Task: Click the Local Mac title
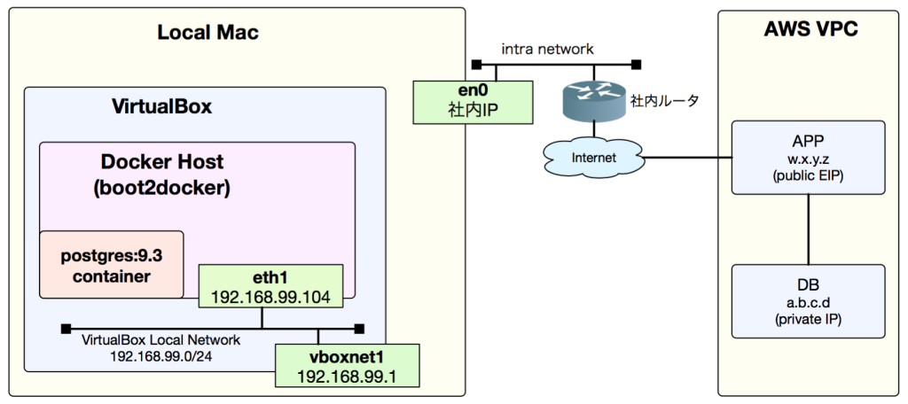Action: tap(207, 33)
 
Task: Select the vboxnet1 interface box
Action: tap(346, 366)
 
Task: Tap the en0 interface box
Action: tap(474, 101)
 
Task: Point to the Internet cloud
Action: tap(593, 158)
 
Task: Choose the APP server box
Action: tap(808, 157)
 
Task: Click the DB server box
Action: tap(808, 300)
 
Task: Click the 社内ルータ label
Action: tap(664, 101)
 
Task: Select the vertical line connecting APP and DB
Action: tap(808, 229)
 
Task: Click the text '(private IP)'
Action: tap(808, 317)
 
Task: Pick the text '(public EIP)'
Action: tap(808, 174)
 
